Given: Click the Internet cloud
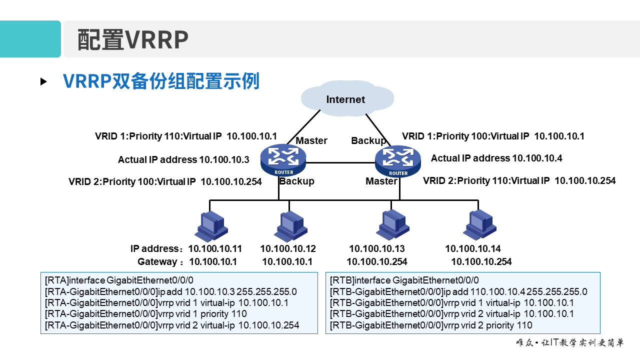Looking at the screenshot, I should click(345, 98).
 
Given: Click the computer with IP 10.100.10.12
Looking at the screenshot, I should click(290, 226).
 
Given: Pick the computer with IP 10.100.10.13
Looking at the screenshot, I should click(393, 224).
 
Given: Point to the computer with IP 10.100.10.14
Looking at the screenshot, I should click(480, 224).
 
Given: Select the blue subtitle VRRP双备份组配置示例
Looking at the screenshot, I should click(161, 81).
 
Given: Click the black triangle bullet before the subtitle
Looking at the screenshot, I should click(43, 81).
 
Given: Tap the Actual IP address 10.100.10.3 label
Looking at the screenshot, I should click(183, 160).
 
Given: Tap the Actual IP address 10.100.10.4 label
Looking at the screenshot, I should click(496, 158).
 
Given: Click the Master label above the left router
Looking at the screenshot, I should click(311, 140).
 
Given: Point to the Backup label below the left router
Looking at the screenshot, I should click(296, 181).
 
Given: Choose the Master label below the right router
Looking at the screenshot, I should click(381, 181).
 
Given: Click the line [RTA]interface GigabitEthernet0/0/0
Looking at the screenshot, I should click(119, 280).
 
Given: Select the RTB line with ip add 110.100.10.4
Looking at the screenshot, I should click(458, 292).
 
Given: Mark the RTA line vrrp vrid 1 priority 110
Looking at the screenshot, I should click(146, 314).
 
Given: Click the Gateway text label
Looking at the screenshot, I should click(157, 262).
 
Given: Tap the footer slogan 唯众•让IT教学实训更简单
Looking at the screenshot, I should click(569, 343).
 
